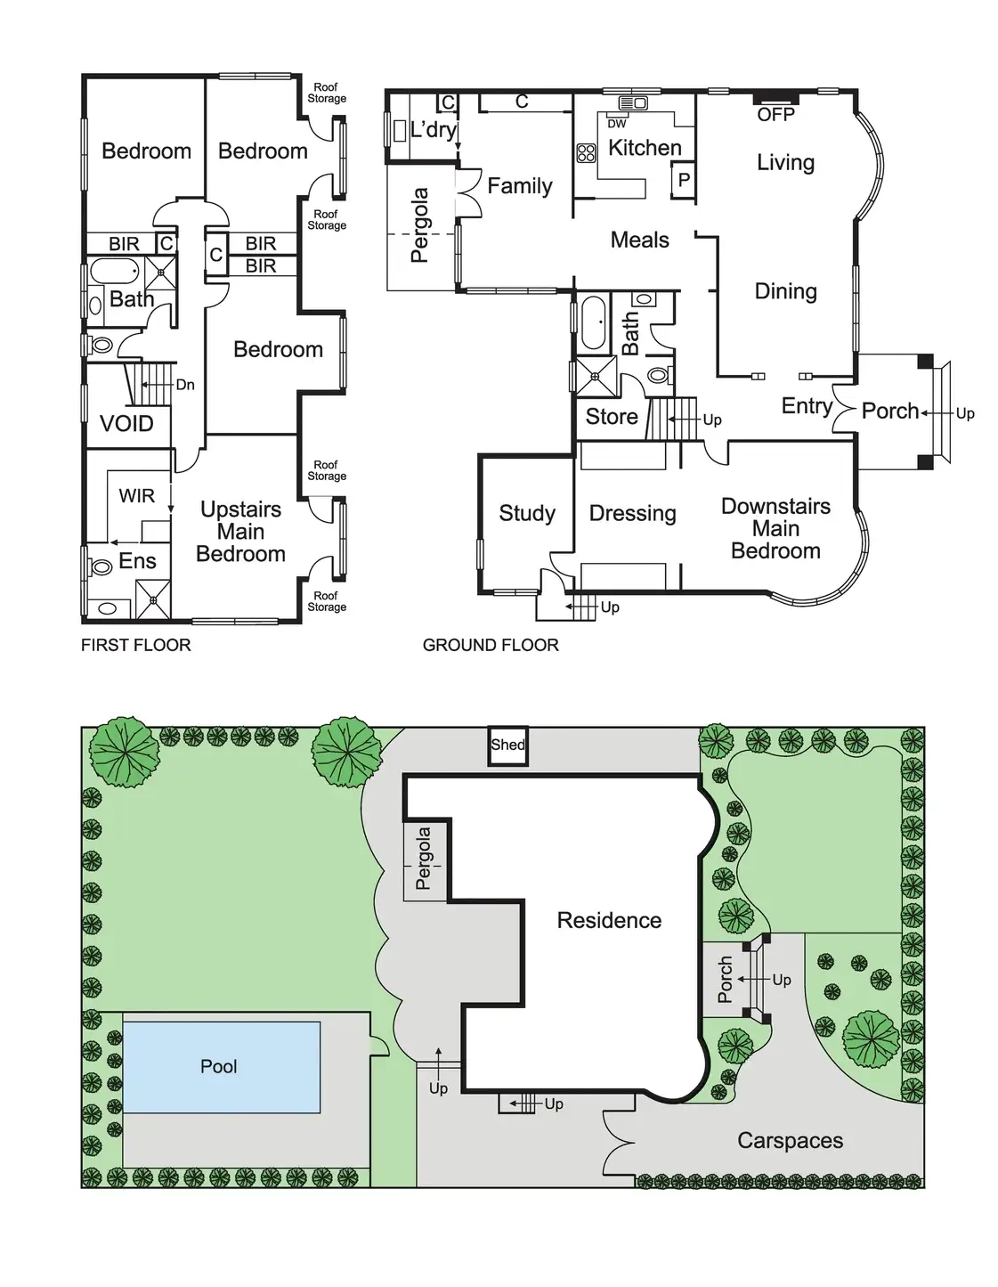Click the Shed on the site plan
(x=507, y=745)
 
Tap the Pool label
(x=219, y=1066)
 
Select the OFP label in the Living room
(x=775, y=115)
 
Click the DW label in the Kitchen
(x=617, y=124)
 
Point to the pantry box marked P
(x=684, y=180)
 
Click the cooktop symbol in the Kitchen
(x=586, y=153)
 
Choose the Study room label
(x=527, y=513)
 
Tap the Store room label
(x=612, y=416)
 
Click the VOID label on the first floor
(x=126, y=423)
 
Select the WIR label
(x=137, y=495)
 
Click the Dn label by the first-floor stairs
(x=185, y=385)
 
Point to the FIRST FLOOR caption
(x=136, y=645)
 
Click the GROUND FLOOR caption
(x=491, y=645)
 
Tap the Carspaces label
(x=790, y=1141)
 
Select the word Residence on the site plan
(x=609, y=920)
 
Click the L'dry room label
(x=434, y=130)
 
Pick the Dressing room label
(x=632, y=513)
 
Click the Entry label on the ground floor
(x=807, y=406)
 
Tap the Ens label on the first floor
(x=137, y=560)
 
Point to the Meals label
(x=639, y=240)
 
